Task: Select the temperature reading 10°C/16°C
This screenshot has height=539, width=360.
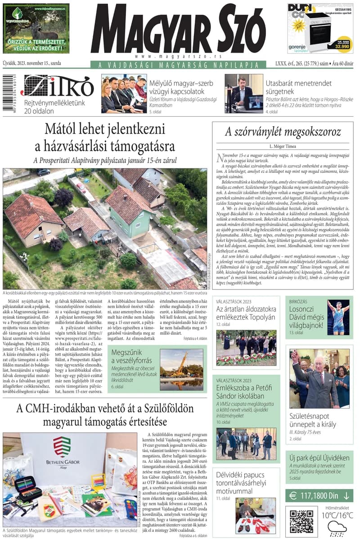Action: [336, 516]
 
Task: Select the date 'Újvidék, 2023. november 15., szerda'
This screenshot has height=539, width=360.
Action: [32, 63]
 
